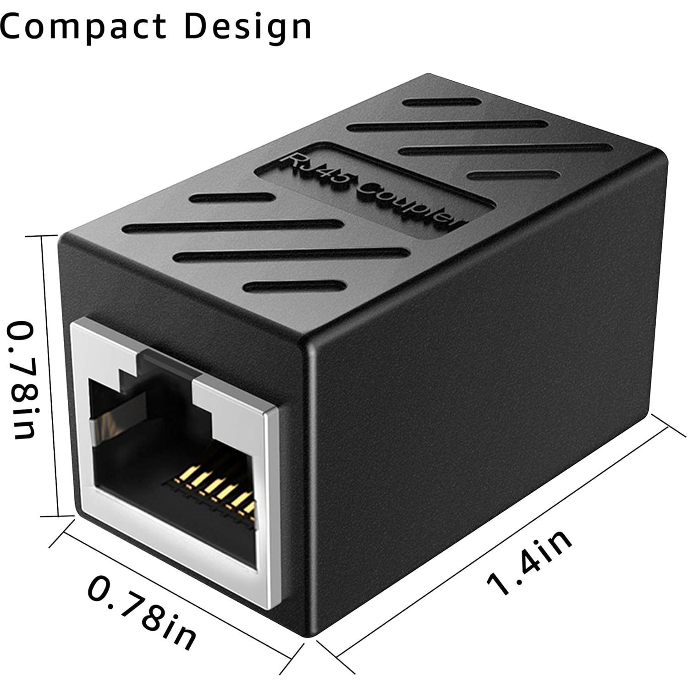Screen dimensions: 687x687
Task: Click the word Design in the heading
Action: click(x=248, y=27)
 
